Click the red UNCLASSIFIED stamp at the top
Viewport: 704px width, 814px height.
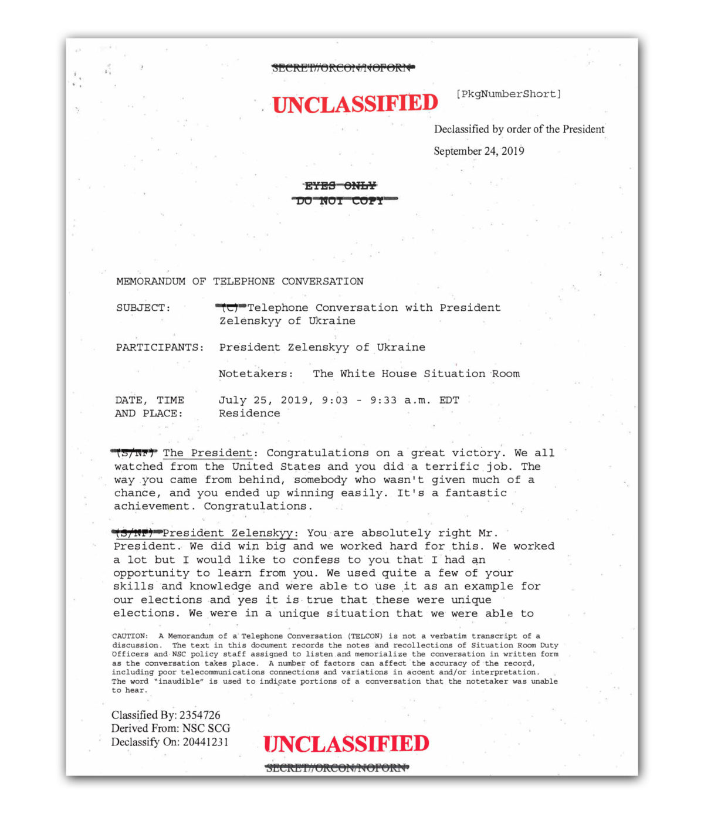[x=355, y=104]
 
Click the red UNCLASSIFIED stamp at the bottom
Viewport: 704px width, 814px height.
[x=346, y=744]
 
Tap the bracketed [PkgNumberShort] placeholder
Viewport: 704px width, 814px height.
[x=508, y=94]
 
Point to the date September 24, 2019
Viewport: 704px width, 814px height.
[x=479, y=151]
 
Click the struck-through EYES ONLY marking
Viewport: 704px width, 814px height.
[x=340, y=186]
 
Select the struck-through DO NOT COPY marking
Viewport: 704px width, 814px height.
[x=340, y=201]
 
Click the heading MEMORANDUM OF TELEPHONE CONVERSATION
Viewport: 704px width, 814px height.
[x=239, y=281]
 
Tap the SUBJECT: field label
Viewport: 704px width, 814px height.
[x=143, y=308]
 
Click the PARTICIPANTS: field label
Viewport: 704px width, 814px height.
[x=160, y=347]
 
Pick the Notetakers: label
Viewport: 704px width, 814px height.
[x=256, y=374]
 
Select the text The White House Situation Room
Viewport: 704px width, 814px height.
[x=416, y=374]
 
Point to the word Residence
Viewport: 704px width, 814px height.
[x=249, y=413]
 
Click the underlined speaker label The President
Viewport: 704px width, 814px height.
[x=208, y=453]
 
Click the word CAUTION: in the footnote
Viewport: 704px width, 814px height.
[x=130, y=636]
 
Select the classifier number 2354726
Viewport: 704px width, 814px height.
[x=200, y=715]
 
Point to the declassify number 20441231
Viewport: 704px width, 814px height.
[x=205, y=742]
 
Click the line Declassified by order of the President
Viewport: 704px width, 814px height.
[x=519, y=130]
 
